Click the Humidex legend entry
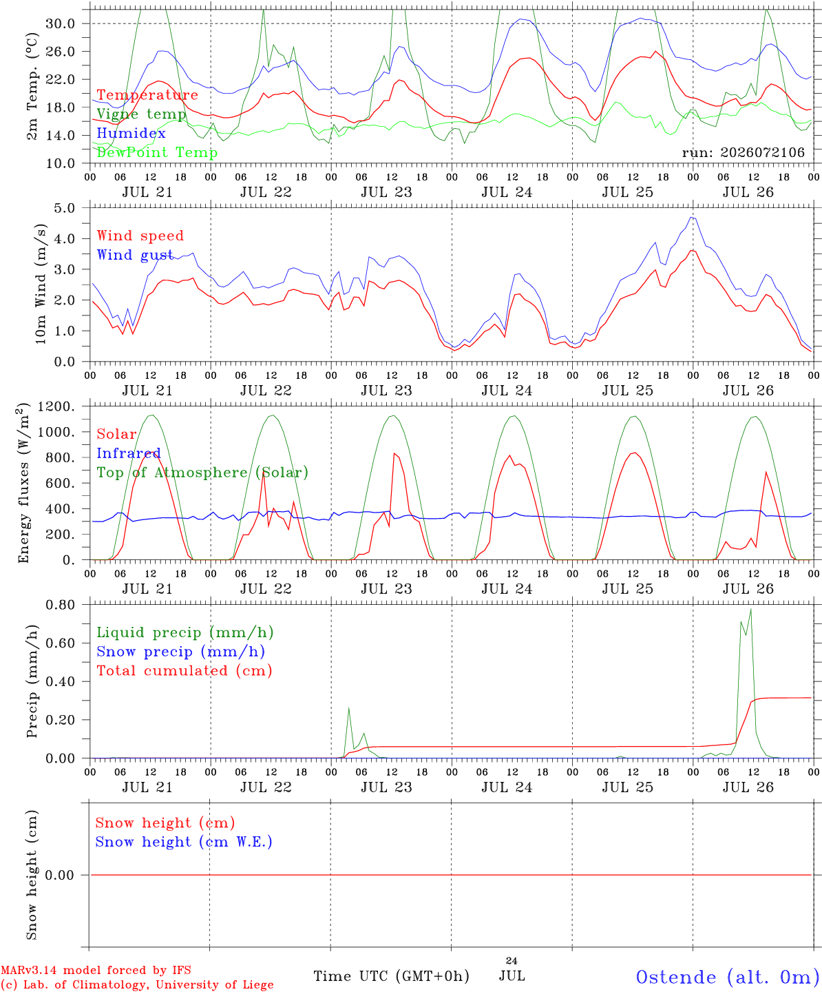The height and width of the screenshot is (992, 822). point(131,133)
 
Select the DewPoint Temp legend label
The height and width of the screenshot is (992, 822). point(157,152)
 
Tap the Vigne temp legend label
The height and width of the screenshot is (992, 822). point(142,114)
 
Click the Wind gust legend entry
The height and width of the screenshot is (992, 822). point(135,255)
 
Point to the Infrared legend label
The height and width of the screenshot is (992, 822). point(129,453)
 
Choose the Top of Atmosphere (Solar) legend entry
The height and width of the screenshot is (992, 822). point(203,473)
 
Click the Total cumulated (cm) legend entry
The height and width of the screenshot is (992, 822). point(185,671)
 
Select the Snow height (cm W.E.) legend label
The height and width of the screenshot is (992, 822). point(184,842)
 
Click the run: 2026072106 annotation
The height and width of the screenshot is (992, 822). point(743,152)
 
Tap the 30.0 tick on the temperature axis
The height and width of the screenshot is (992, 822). point(61,23)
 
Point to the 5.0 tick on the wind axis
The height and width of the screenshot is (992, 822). point(64,208)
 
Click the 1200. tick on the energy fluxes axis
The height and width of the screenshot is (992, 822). point(56,406)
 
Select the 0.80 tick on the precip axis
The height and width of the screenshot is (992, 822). point(61,605)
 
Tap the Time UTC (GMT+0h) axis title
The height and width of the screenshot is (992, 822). point(391,976)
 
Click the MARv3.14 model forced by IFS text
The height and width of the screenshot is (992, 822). point(96,970)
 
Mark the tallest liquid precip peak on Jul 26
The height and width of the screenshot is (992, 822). point(751,610)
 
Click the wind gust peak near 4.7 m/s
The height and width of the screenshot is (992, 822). point(692,218)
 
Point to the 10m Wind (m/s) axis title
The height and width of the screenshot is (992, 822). point(41,284)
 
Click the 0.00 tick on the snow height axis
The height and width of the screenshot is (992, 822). point(60,875)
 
